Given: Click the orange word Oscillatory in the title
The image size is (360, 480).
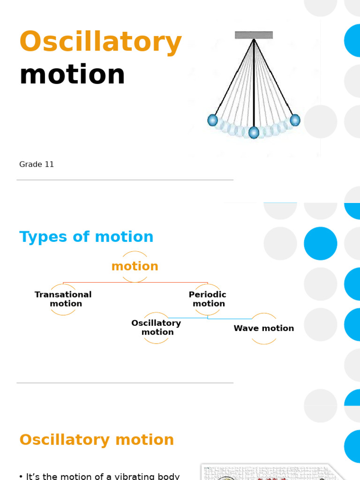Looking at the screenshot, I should point(100,42).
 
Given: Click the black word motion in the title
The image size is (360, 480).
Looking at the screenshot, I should point(72,75).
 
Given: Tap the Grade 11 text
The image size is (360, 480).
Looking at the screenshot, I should point(37,165).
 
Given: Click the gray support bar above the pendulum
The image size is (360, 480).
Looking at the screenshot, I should point(254,35).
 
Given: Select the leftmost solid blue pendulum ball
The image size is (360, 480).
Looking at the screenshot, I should point(213,120).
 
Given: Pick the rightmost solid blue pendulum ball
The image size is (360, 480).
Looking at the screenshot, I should point(295,120).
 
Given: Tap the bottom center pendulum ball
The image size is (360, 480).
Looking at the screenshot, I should point(254,133).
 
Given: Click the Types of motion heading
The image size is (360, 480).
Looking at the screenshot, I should point(86,237).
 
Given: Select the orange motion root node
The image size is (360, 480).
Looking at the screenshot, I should point(135,266).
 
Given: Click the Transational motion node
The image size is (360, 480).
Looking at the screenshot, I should point(63,299).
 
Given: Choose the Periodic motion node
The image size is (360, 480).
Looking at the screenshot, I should point(208,299).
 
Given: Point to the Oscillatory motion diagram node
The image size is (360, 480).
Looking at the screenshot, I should point(156,328).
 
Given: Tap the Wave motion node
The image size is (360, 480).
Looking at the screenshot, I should point(264,329).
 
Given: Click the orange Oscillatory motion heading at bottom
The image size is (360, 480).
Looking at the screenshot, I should point(97,440).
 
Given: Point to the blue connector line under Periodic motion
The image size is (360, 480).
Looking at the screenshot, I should point(187,318).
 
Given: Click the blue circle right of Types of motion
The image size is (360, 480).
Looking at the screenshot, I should point(321,243).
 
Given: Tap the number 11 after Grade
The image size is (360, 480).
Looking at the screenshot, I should point(49,165).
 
